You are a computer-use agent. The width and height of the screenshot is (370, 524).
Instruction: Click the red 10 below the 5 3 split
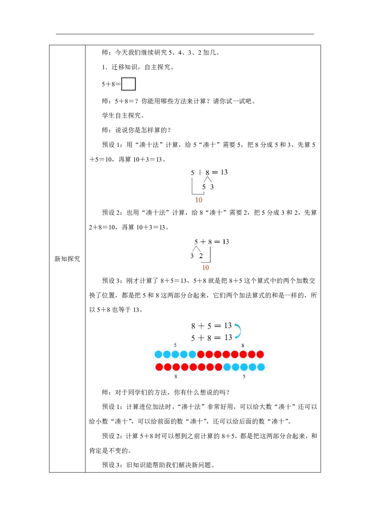coord(199,200)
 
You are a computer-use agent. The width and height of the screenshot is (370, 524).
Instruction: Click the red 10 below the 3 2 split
coord(206,268)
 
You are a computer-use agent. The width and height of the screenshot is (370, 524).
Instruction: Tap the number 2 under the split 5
coord(201,256)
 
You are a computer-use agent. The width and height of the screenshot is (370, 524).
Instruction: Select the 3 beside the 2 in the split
coord(192,256)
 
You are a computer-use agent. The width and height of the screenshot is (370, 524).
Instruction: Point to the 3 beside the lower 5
coord(212,187)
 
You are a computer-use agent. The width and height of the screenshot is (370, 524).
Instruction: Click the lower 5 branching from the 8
coord(203,187)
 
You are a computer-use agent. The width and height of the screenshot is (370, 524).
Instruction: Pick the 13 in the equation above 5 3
coord(224,172)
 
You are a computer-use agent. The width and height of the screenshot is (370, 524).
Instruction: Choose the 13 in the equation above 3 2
coord(225,242)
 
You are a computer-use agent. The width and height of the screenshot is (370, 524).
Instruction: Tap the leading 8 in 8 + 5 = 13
coord(193,326)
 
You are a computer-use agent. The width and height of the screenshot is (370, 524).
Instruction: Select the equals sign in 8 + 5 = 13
coord(217,326)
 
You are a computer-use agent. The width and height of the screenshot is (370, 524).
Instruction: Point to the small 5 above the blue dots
coord(175,345)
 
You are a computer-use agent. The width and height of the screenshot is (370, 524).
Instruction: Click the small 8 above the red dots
coord(243,345)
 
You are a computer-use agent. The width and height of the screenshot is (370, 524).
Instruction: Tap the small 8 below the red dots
coord(176,377)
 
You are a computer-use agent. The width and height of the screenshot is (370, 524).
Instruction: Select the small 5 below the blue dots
coord(244,377)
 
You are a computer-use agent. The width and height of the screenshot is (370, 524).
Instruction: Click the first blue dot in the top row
coord(158,355)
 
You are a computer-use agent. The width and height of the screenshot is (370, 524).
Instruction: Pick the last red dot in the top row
coord(260,355)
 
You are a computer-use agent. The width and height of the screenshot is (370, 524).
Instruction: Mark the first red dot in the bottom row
coord(159,367)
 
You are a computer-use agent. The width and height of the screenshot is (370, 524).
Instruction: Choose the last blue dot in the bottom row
coord(261,367)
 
